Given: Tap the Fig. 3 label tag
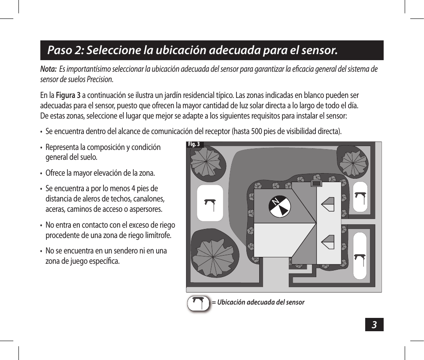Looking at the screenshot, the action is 194,144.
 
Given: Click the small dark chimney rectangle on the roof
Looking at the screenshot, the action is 316,184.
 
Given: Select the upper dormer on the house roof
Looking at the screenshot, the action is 328,204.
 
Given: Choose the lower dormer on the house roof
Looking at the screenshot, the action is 328,242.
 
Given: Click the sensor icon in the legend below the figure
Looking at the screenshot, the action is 199,302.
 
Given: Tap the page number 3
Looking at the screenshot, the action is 374,325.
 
